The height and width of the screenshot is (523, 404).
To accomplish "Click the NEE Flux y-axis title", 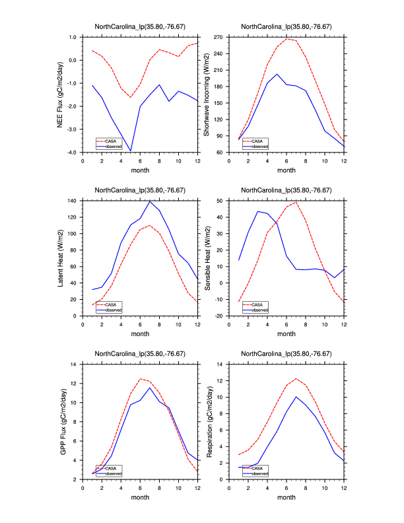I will point(61,95).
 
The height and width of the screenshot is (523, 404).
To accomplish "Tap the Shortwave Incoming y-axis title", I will point(207,95).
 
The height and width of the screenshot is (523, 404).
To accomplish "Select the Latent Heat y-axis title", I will point(61,258).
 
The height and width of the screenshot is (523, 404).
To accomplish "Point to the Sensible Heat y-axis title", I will point(207,258).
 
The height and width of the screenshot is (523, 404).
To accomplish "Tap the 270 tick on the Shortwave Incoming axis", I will point(219,37).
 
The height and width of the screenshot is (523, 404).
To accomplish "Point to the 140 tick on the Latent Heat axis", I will point(71,200).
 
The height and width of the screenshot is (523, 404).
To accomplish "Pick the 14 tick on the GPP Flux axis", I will point(74,364).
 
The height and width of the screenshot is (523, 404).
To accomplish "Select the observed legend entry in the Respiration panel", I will point(260,473).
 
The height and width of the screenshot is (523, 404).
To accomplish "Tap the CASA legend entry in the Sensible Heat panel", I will point(259,304).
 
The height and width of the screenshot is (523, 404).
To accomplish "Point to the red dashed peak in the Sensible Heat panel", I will point(296,202).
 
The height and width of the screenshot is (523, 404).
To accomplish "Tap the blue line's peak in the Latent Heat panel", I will point(150,201).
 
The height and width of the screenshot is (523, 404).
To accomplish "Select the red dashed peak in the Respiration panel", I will point(296,379).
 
